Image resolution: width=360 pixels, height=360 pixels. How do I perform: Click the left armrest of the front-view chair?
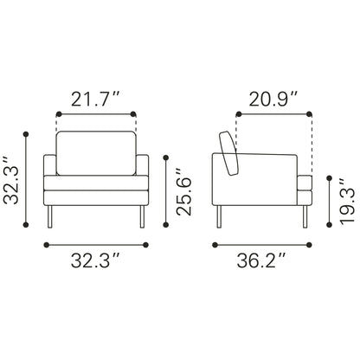tap(49, 180)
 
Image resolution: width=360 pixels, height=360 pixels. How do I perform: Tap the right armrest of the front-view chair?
tap(143, 180)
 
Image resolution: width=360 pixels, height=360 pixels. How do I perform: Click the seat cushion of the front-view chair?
tap(96, 183)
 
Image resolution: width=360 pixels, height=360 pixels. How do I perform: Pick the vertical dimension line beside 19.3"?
tap(327, 201)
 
